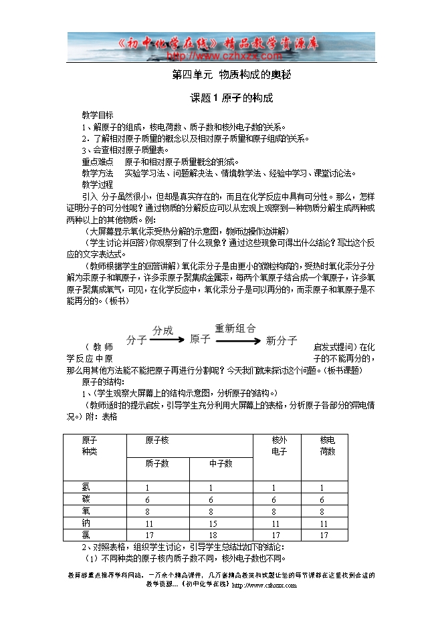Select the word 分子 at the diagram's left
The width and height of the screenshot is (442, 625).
click(136, 340)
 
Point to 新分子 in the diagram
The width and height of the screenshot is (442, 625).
click(282, 341)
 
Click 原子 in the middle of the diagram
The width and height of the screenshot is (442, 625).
click(200, 339)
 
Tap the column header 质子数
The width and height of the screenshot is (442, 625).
click(157, 463)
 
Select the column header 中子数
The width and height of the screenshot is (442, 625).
click(220, 463)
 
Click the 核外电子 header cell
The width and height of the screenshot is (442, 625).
click(279, 446)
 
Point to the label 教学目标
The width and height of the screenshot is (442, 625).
click(98, 114)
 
